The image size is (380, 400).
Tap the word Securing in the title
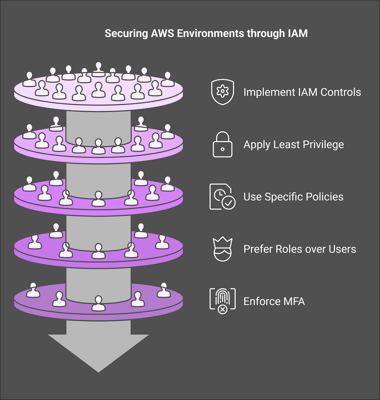(126, 34)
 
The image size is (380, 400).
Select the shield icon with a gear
(223, 92)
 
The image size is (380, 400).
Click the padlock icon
(223, 145)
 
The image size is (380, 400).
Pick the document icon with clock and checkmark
(222, 197)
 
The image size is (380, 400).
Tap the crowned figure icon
(223, 249)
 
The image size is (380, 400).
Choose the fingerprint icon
(223, 300)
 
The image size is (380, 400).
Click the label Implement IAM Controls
(302, 92)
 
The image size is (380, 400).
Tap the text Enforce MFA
(274, 301)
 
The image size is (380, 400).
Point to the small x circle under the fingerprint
(223, 310)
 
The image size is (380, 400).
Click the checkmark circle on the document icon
(228, 202)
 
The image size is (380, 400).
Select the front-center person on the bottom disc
(98, 303)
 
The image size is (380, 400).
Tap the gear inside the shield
(223, 91)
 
